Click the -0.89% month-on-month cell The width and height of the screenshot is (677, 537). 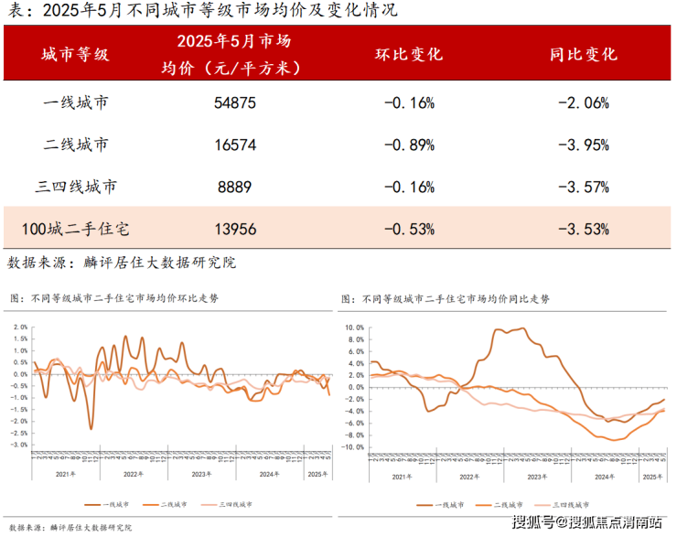[x=409, y=145]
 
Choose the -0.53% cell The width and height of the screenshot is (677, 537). [x=409, y=229]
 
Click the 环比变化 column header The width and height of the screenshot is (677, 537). [x=409, y=54]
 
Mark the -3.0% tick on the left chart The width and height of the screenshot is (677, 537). [x=18, y=445]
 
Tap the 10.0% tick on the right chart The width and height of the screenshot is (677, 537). [x=353, y=327]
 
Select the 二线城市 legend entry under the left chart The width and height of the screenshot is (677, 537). [x=175, y=504]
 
